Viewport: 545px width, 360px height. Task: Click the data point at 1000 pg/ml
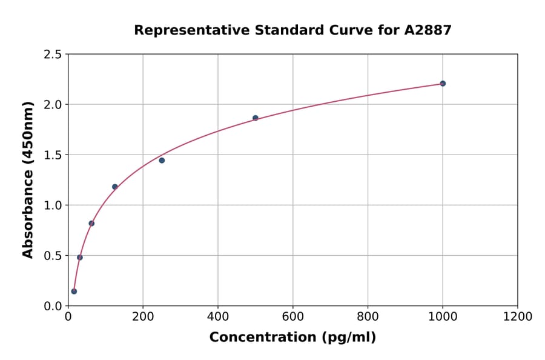click(443, 84)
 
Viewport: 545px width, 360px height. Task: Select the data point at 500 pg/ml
click(256, 118)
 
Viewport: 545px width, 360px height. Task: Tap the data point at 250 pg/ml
click(162, 161)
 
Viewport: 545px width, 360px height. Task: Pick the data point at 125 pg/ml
click(115, 187)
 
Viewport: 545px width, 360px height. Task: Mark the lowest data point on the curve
click(74, 292)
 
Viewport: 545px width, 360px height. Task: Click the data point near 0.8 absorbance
click(91, 224)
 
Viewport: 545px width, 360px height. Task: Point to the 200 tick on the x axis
click(143, 316)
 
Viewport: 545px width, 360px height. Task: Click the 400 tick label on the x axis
click(218, 316)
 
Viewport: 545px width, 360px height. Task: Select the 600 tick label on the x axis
click(293, 316)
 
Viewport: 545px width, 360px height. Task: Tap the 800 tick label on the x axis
click(368, 316)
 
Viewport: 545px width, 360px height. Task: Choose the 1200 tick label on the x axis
click(518, 316)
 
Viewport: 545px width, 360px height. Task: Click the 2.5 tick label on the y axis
click(53, 55)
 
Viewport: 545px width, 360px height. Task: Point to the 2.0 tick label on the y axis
click(53, 105)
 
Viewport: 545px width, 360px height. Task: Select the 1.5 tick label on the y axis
click(53, 155)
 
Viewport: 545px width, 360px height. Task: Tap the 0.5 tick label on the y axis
click(53, 256)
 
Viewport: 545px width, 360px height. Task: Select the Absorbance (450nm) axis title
click(28, 179)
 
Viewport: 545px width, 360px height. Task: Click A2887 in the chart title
click(428, 30)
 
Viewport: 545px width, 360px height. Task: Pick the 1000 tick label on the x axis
click(443, 316)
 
